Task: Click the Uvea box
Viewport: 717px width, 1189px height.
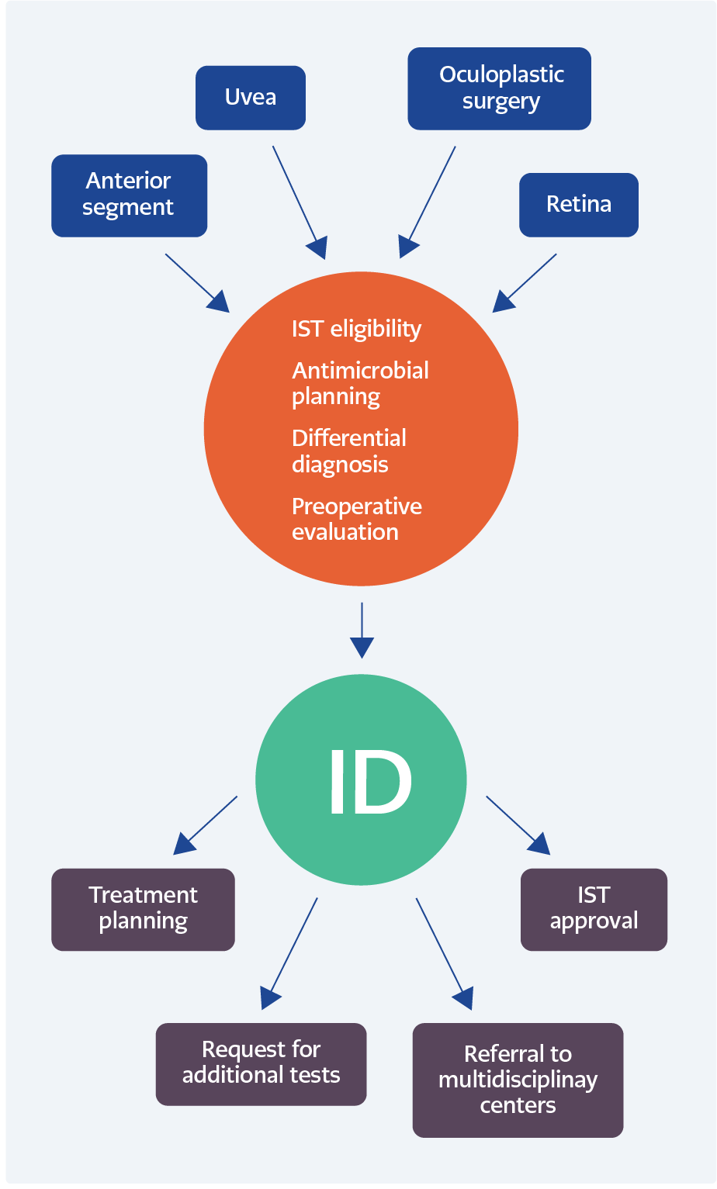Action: (x=250, y=98)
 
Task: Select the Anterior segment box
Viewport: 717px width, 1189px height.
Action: (x=129, y=195)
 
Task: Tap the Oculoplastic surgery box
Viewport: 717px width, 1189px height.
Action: (x=499, y=88)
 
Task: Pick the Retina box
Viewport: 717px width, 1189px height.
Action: (x=578, y=205)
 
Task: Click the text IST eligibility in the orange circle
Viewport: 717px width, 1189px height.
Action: (x=356, y=329)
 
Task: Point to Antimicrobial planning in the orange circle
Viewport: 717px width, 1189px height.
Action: (x=360, y=383)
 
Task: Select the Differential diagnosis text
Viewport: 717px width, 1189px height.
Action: (x=348, y=451)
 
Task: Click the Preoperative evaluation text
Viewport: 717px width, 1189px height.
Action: (x=356, y=519)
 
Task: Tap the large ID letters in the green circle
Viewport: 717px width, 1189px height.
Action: (x=369, y=783)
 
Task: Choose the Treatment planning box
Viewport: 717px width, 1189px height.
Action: (x=143, y=909)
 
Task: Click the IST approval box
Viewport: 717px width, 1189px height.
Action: (x=594, y=909)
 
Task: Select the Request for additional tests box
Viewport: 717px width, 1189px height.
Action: (x=261, y=1063)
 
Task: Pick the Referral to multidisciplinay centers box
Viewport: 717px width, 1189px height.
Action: (x=518, y=1080)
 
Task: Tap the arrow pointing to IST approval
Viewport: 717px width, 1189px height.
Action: (x=517, y=824)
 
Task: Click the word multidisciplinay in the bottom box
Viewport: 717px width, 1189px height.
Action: (x=518, y=1080)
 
